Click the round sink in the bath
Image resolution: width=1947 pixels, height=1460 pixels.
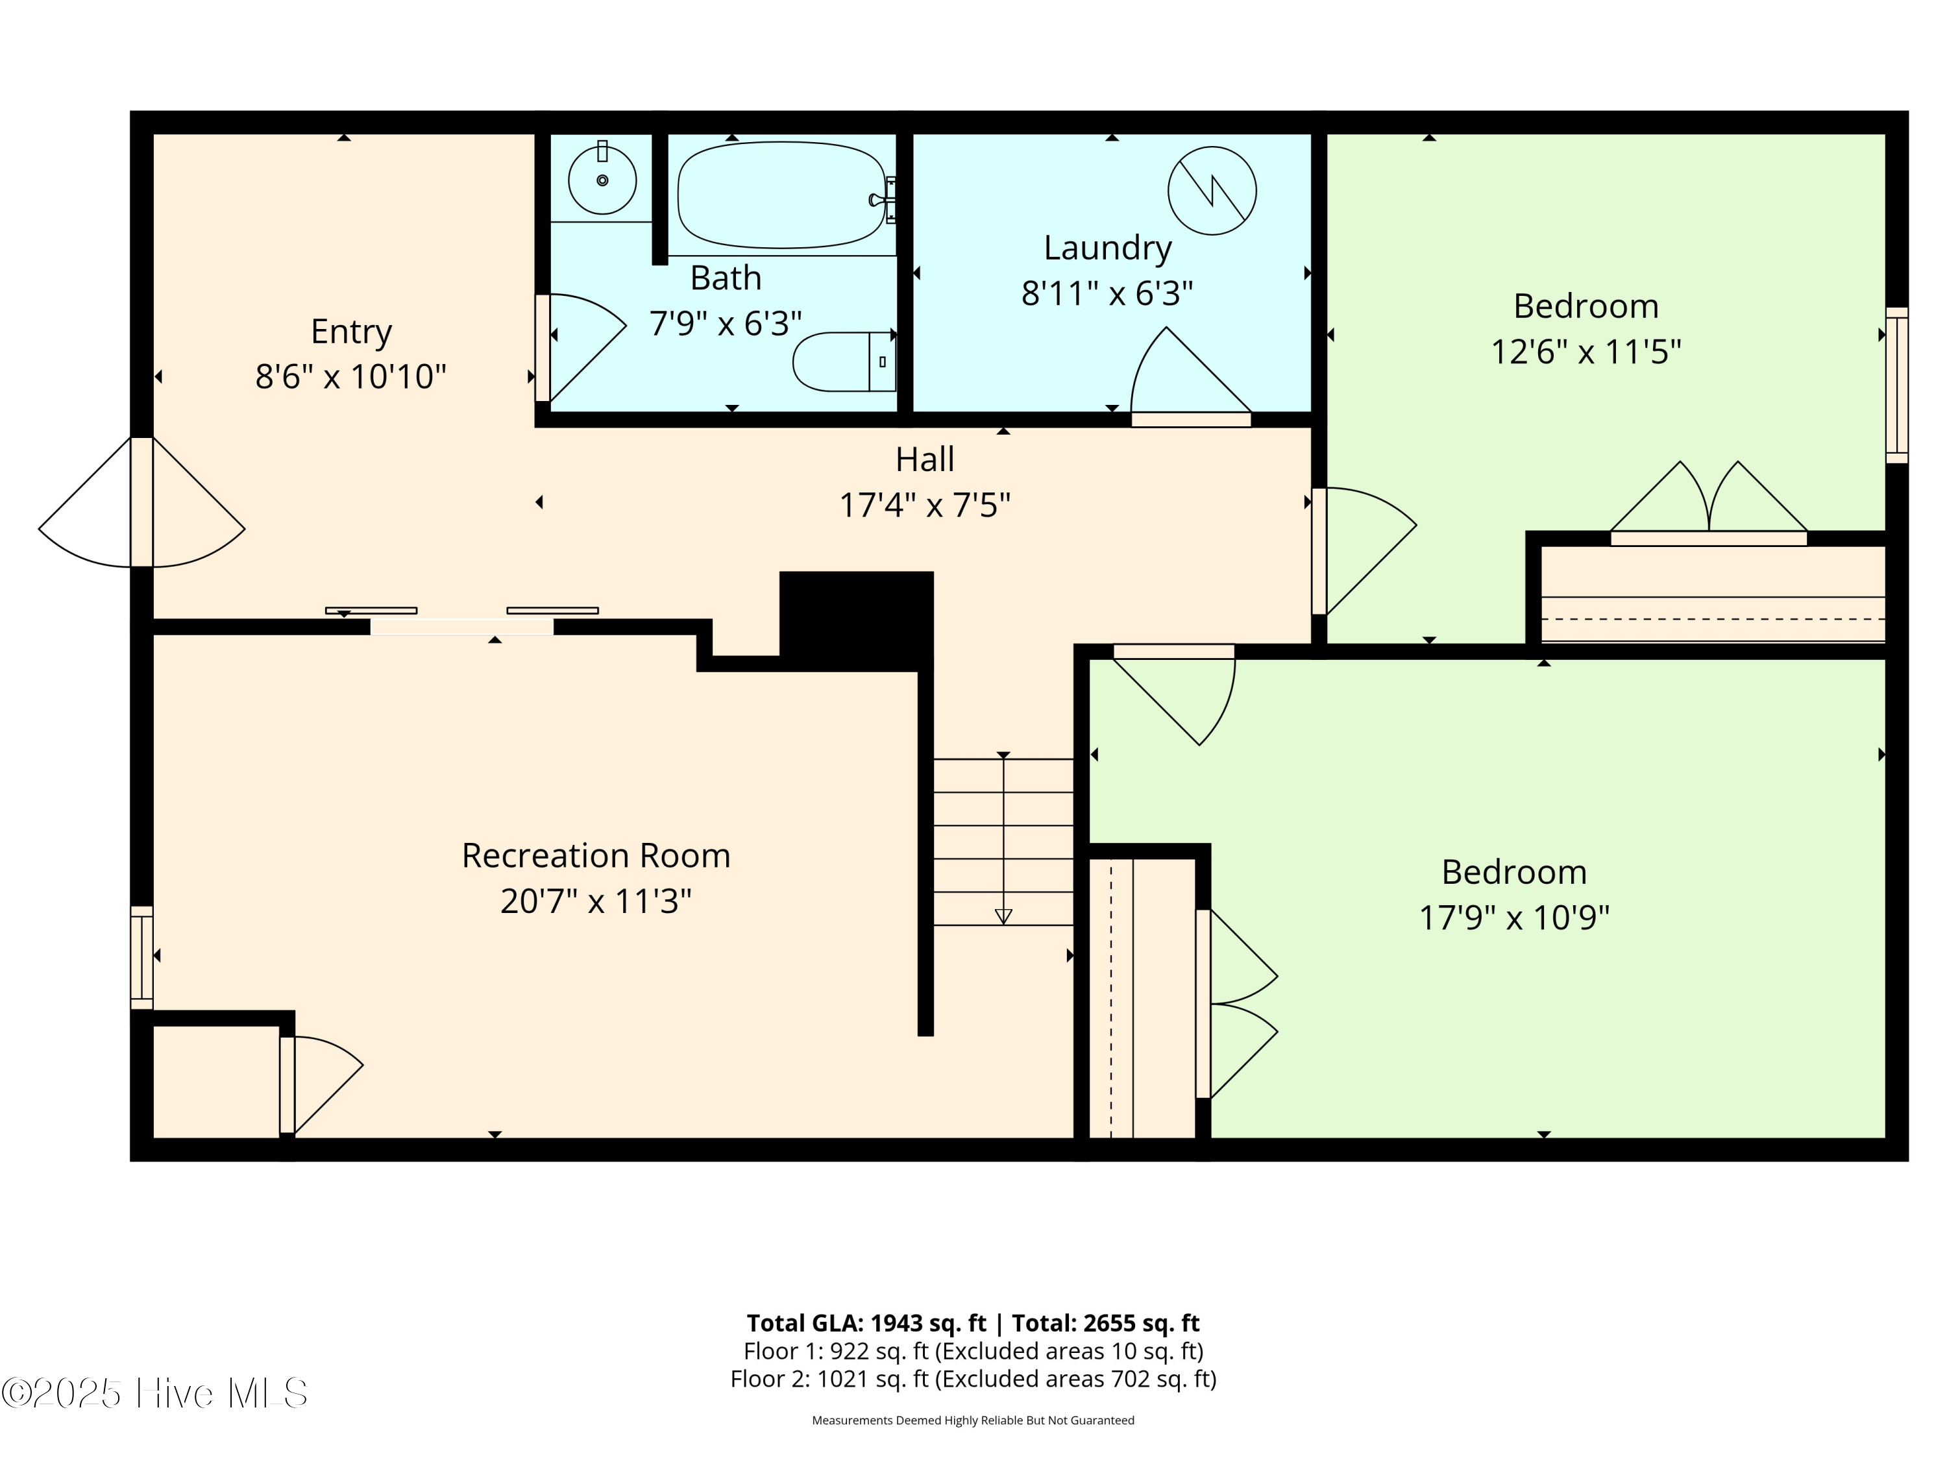602,180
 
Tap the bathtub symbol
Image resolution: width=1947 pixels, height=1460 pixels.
781,195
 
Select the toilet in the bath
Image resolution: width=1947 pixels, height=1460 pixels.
842,361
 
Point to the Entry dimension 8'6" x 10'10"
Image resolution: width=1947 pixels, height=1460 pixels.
350,376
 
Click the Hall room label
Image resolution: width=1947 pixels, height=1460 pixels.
924,459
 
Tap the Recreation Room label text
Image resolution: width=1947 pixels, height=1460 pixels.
596,855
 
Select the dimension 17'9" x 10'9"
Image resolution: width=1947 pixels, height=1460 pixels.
1514,918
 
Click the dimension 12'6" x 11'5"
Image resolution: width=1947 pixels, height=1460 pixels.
1586,352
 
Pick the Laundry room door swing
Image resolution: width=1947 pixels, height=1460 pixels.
1184,374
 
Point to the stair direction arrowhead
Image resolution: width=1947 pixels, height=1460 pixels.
1003,917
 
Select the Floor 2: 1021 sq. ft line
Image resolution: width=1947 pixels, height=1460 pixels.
973,1379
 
